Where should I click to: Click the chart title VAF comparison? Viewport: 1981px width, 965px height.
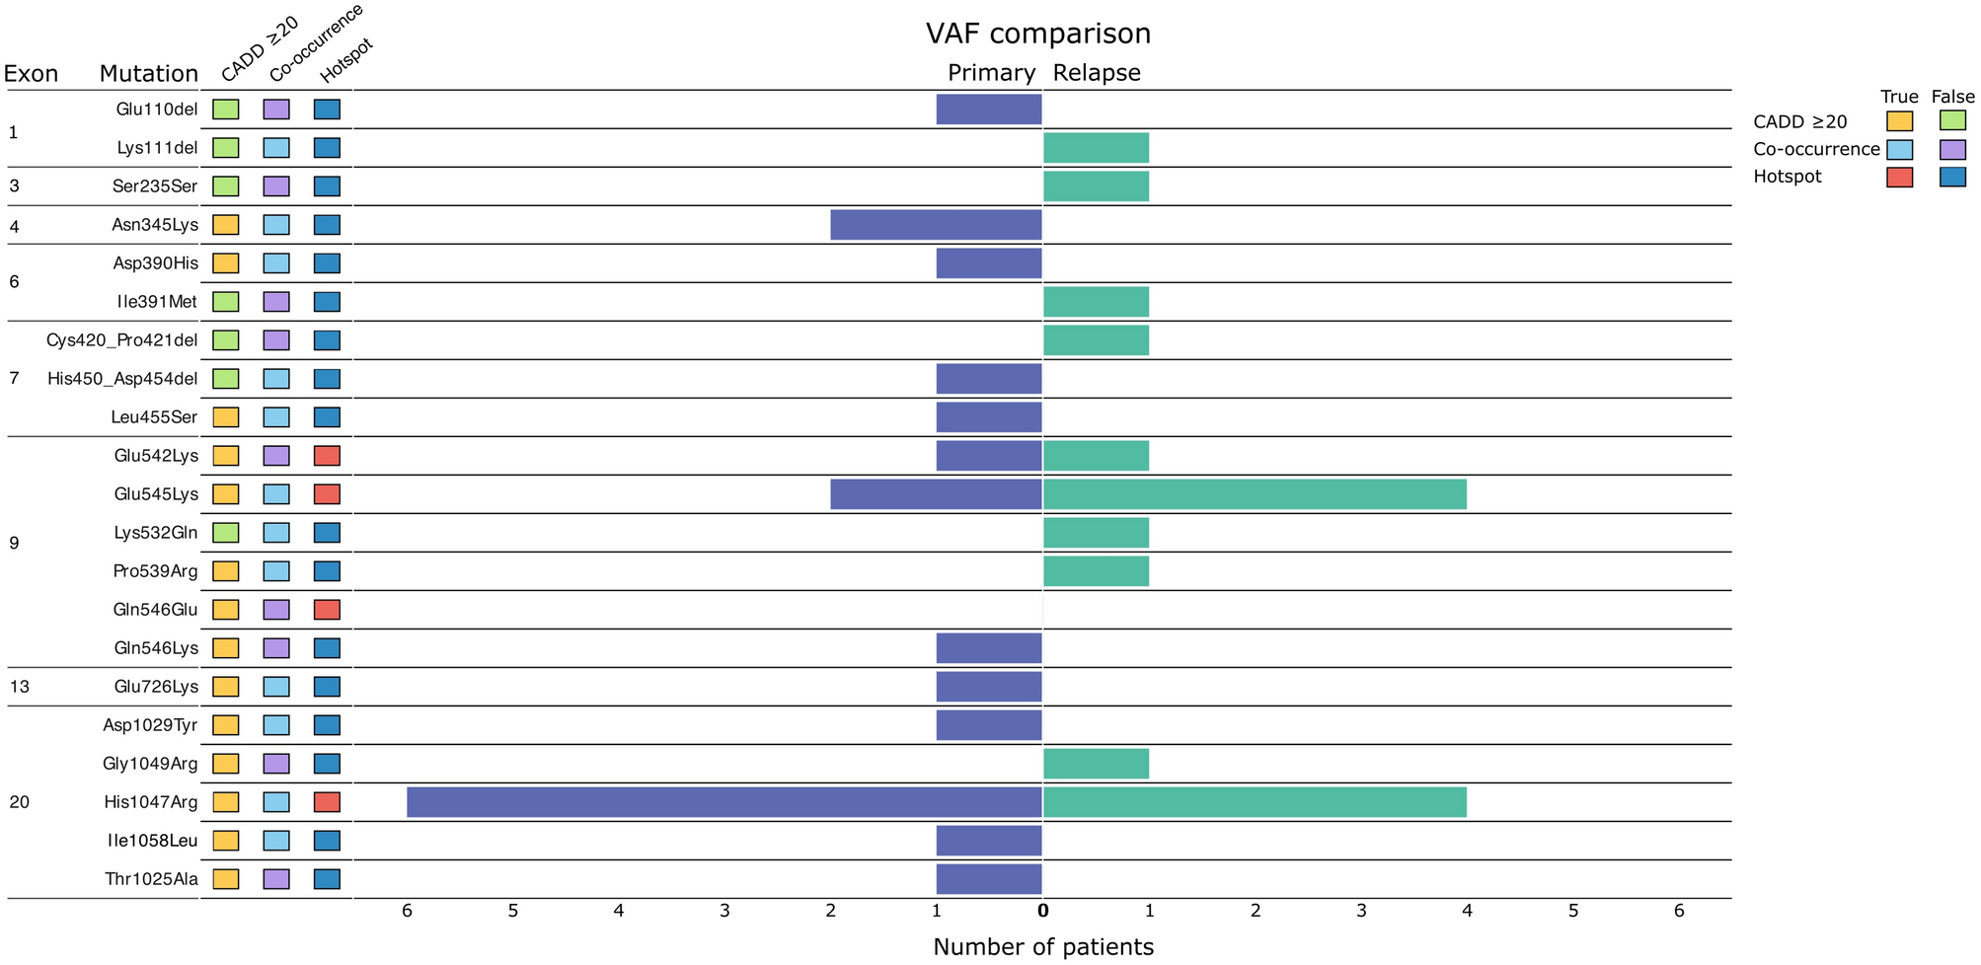coord(1037,34)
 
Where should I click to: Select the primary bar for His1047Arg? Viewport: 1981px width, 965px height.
coord(724,802)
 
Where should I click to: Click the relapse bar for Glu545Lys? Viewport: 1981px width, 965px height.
coord(1255,494)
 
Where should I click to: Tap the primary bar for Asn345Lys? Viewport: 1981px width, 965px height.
coord(936,225)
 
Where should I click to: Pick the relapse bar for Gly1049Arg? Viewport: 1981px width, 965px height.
coord(1096,764)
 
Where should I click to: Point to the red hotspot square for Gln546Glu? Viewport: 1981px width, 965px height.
coord(327,610)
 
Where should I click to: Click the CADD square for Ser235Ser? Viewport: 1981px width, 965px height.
coord(226,186)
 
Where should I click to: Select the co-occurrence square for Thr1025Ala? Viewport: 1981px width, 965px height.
coord(276,879)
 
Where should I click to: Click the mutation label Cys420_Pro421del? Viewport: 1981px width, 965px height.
coord(121,340)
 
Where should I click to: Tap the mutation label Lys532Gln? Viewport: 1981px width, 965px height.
coord(155,533)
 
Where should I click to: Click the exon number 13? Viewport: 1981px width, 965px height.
coord(20,687)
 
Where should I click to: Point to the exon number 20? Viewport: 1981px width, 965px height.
coord(20,802)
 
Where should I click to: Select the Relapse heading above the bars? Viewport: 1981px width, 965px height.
coord(1096,73)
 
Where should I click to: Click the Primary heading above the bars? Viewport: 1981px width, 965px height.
coord(991,73)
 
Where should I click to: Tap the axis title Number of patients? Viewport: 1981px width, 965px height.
coord(1042,947)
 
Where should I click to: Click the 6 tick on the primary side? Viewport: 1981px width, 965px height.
coord(407,911)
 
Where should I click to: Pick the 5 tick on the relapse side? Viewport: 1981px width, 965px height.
coord(1573,911)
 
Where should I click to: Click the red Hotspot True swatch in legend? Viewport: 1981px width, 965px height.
coord(1899,178)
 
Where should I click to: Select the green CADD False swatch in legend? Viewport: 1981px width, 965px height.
coord(1951,121)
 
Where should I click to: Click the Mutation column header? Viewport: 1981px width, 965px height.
coord(148,74)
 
